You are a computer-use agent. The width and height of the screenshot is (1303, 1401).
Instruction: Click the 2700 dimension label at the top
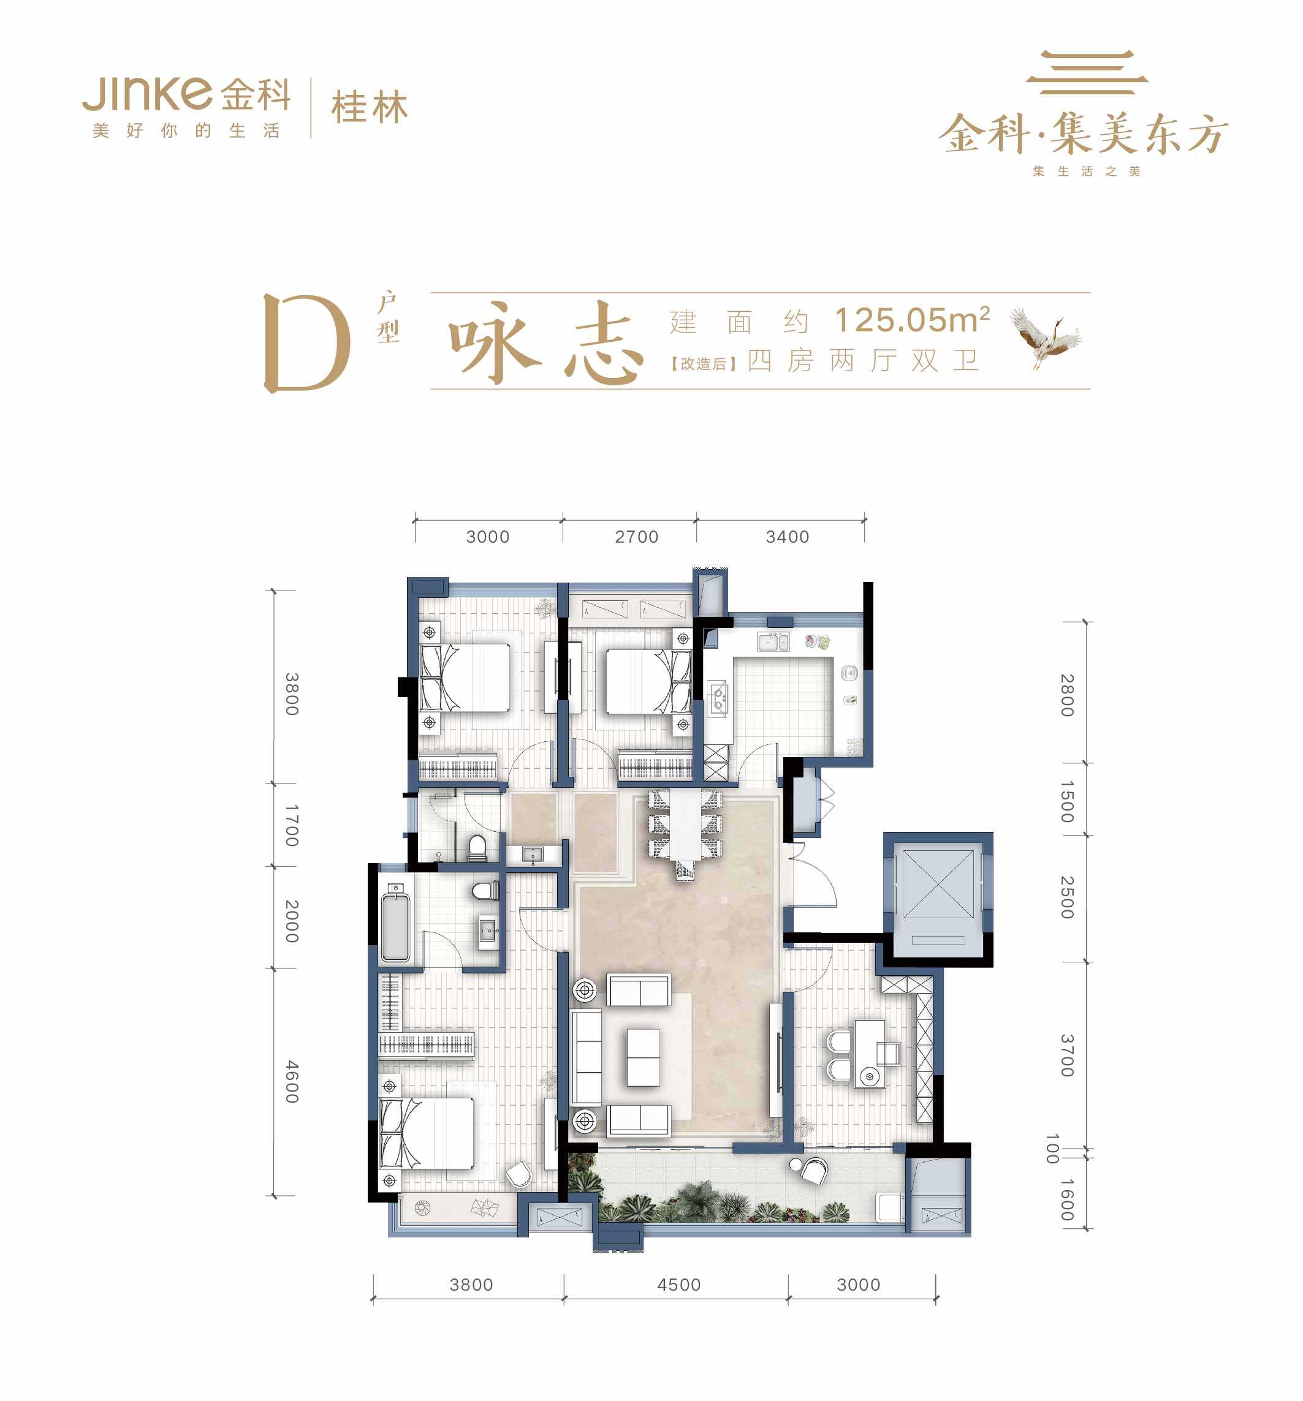point(636,537)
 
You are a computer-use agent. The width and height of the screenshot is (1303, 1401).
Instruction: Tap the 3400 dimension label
point(787,537)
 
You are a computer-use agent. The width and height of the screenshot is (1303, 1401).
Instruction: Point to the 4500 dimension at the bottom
point(678,1285)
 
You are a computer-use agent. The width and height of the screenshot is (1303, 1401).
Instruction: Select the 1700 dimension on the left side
point(292,825)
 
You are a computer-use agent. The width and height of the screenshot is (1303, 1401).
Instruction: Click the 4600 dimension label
point(292,1082)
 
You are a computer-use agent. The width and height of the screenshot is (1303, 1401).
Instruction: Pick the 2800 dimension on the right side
point(1067,695)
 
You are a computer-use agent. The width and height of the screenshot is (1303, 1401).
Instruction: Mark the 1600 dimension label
point(1067,1200)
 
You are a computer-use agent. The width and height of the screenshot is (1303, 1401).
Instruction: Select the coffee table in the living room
point(643,1057)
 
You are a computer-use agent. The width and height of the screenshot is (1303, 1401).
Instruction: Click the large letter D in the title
point(306,342)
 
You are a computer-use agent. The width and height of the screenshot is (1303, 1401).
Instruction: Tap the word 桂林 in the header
point(370,108)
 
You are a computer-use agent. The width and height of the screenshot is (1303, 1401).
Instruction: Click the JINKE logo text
point(147,94)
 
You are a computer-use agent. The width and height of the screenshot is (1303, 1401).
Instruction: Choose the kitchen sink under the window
point(773,641)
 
